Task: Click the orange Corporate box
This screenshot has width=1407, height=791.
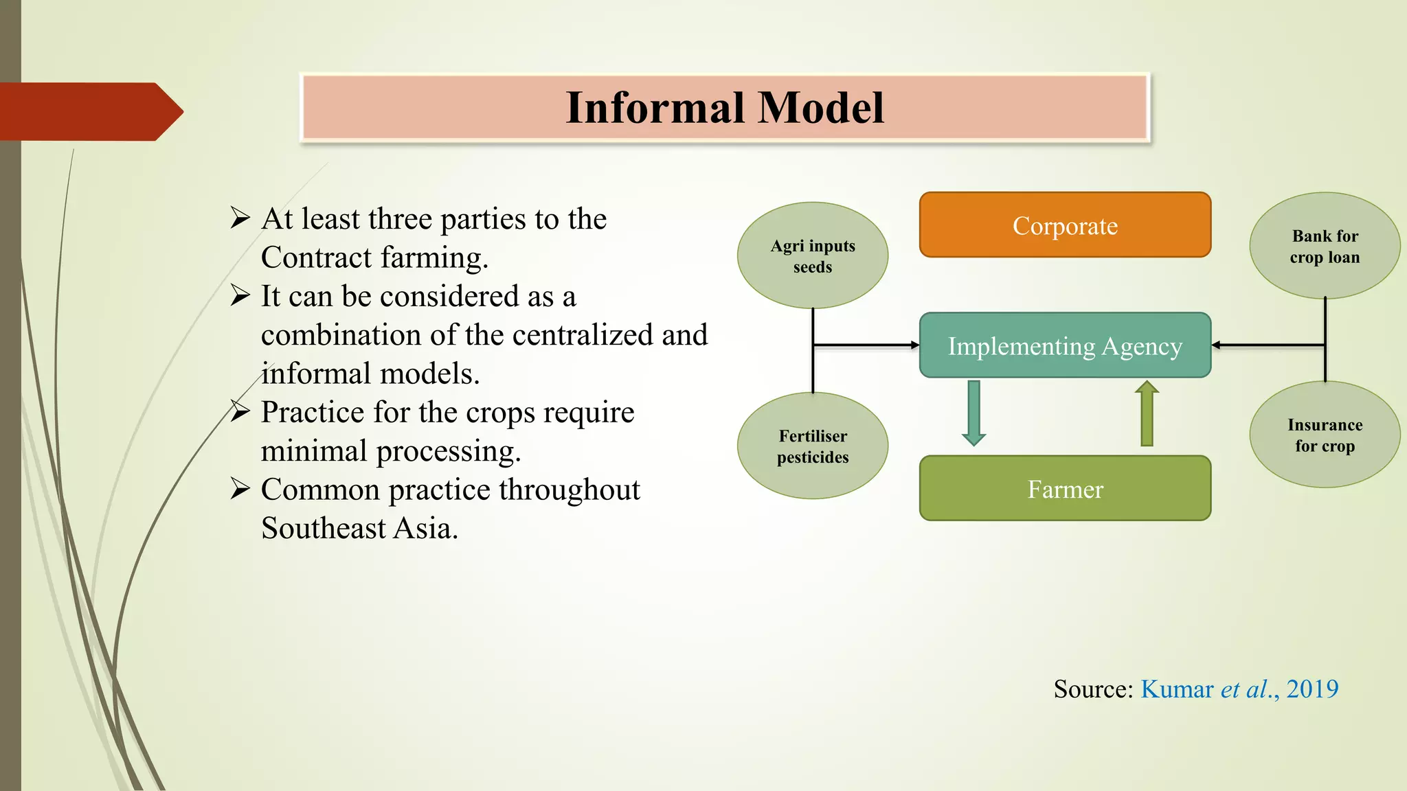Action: [x=1065, y=225]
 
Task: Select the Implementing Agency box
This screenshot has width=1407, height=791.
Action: [x=1065, y=345]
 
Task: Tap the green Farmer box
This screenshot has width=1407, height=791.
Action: [x=1065, y=488]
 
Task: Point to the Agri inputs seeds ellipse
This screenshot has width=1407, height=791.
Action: [x=813, y=255]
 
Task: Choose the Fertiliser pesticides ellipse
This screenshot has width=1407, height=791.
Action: [x=813, y=446]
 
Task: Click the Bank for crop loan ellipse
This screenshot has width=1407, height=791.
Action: [x=1325, y=245]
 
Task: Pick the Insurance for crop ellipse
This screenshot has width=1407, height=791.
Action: [x=1325, y=435]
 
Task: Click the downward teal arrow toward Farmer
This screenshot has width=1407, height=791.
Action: [x=973, y=413]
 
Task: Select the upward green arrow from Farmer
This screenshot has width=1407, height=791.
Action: [x=1147, y=413]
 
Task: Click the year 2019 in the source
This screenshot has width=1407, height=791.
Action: [x=1312, y=689]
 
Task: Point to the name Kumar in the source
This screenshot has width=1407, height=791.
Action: [x=1178, y=689]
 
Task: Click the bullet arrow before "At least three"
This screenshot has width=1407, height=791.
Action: [x=240, y=218]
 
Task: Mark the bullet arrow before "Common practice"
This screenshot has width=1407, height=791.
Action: [x=240, y=489]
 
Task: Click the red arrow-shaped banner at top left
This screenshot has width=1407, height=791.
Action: [x=91, y=111]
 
